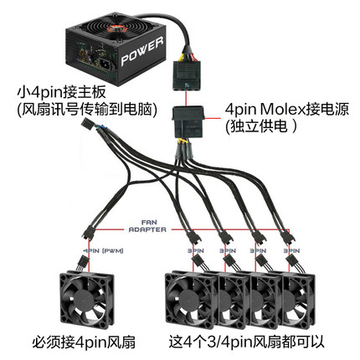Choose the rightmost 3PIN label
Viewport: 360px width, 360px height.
point(295,250)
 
